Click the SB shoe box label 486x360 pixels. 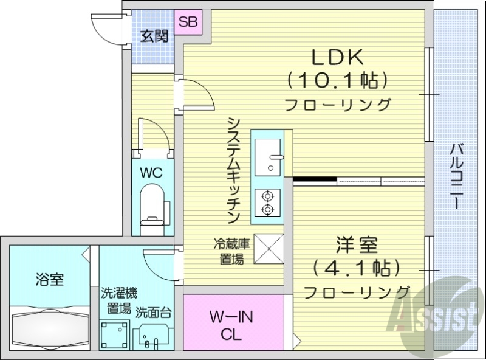pos(188,22)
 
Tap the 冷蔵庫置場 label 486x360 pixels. pos(231,251)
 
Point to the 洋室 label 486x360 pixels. pos(357,246)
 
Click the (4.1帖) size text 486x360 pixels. pos(357,268)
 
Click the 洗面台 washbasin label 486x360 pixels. pos(153,313)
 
